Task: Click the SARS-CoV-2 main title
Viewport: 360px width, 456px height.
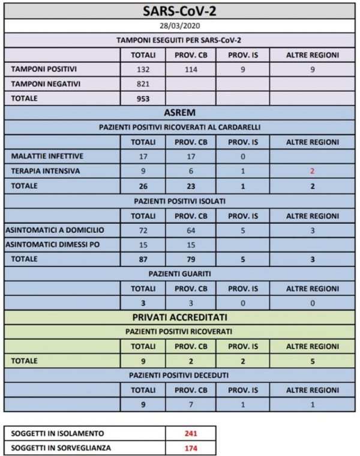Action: (180, 11)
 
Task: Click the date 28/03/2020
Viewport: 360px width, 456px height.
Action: (180, 27)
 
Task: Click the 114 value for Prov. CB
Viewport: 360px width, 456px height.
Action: (191, 69)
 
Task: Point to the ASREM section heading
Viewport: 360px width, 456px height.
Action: (180, 112)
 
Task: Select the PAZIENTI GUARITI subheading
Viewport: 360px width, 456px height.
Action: (180, 274)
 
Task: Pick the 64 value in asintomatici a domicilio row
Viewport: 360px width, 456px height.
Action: (191, 230)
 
